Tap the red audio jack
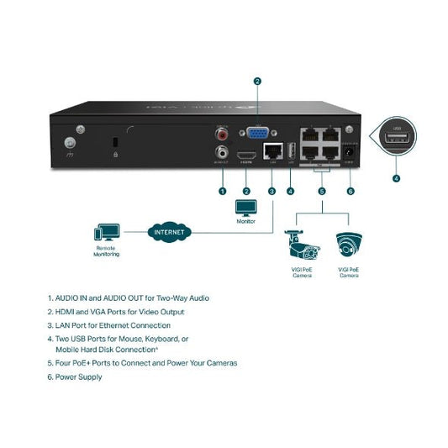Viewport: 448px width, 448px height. [x=222, y=133]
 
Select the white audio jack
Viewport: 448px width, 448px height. [x=222, y=153]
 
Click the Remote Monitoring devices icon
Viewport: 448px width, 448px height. [x=106, y=231]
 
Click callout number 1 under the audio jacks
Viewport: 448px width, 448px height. [x=222, y=191]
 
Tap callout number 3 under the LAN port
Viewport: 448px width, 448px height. [x=271, y=191]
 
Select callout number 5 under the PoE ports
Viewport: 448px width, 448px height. [x=321, y=191]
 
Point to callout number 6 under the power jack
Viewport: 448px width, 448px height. [x=350, y=191]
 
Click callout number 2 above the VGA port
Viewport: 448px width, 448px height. [x=257, y=82]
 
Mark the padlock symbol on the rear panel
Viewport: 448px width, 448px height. [x=114, y=153]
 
